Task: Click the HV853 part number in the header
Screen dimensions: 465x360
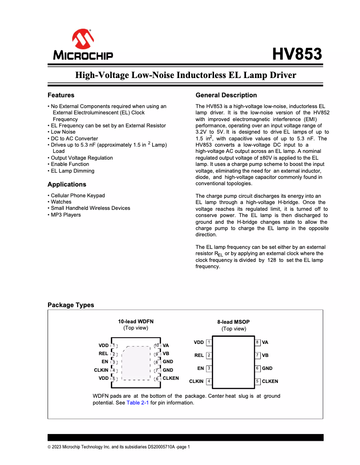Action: click(x=297, y=54)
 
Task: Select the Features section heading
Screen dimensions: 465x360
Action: click(x=61, y=95)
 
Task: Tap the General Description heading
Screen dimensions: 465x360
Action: click(x=226, y=95)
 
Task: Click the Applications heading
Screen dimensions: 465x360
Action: click(x=67, y=184)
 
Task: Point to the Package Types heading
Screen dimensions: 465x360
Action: click(x=71, y=305)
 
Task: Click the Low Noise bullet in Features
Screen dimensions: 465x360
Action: click(x=63, y=132)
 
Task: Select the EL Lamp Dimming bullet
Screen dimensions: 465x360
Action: click(x=72, y=171)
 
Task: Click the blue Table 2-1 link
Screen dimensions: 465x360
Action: click(x=137, y=403)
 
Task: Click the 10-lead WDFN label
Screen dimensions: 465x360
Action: click(x=136, y=321)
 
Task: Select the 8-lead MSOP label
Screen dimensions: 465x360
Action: click(x=233, y=322)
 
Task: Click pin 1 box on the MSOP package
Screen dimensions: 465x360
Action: click(x=209, y=343)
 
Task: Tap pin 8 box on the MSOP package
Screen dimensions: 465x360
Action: click(x=258, y=343)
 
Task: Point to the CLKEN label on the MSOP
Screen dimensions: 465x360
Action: click(x=270, y=382)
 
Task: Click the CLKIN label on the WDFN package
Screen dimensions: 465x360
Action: click(x=101, y=370)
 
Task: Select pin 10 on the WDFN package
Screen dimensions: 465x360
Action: click(x=157, y=346)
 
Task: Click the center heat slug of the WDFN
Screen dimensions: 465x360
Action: click(x=136, y=362)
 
